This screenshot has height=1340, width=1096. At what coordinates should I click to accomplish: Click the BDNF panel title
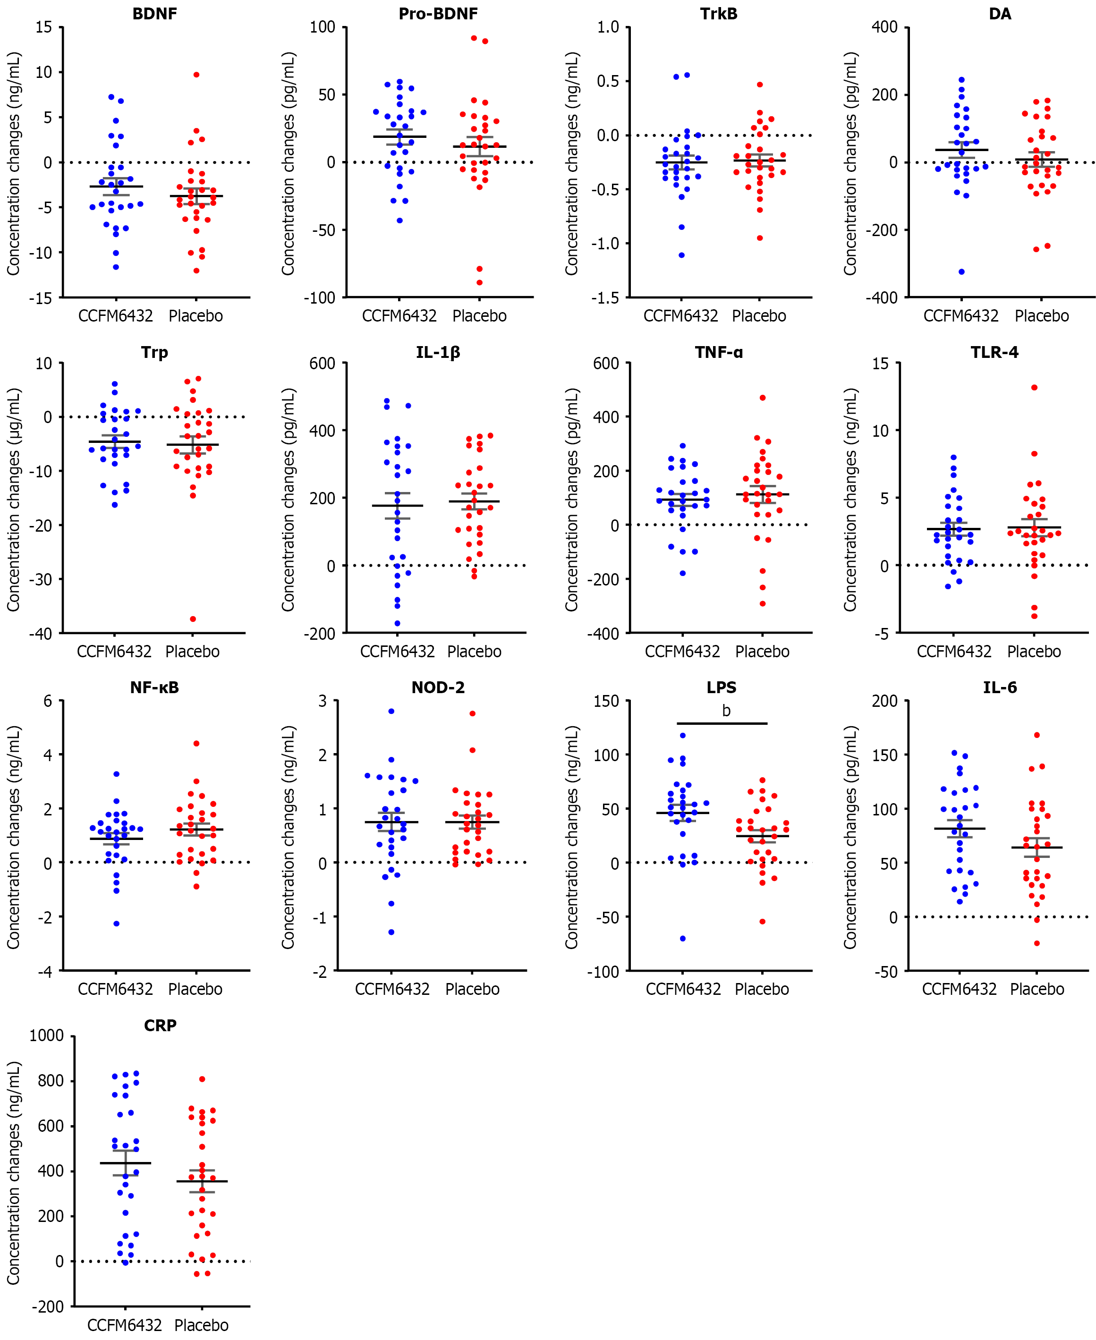155,14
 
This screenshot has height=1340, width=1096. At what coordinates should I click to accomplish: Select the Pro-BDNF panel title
438,14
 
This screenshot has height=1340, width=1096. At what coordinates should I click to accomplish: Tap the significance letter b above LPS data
726,711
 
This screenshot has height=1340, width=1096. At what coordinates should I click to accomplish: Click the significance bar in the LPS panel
722,723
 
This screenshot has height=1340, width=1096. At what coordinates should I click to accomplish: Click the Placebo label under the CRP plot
201,1325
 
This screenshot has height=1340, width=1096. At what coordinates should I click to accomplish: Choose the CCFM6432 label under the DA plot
961,315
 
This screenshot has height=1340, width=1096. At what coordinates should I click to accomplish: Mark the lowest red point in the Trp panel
193,619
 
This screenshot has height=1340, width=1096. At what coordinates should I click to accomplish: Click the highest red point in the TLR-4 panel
1034,388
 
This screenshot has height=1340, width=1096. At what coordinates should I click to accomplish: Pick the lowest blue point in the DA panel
961,271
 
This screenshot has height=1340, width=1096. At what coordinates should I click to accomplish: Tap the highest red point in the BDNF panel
196,75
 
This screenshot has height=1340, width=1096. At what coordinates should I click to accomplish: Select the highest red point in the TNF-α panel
763,398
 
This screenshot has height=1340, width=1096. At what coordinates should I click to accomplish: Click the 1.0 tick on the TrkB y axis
608,27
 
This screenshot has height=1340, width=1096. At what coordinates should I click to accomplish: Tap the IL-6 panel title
1000,687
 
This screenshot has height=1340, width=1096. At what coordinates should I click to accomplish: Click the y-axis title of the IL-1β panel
289,499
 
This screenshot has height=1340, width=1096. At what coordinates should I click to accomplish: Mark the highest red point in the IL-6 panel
1037,735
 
